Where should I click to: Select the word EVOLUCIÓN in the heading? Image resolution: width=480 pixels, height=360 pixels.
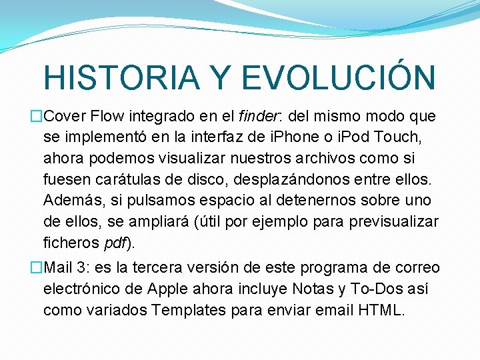[x=338, y=77]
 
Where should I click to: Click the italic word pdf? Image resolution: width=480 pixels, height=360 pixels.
[x=117, y=243]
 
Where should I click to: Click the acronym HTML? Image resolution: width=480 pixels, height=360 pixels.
[x=381, y=310]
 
